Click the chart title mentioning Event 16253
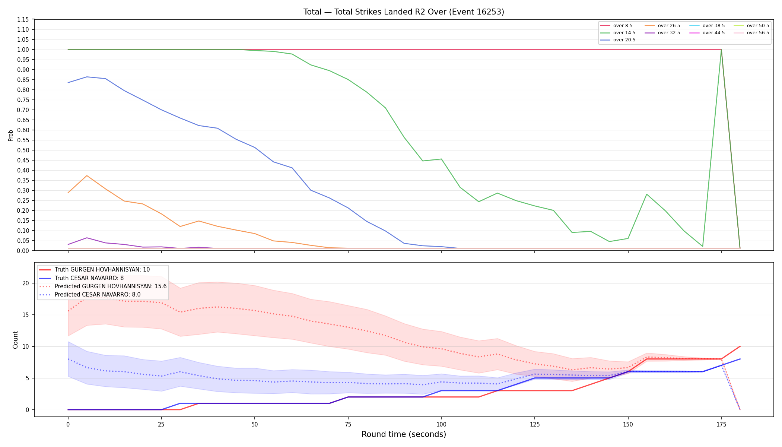pos(404,12)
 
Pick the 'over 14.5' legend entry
pos(617,33)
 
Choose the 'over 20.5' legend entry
pos(617,40)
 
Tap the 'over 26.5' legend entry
pos(662,26)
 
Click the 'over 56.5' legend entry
pos(751,33)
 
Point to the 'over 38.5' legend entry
pos(707,26)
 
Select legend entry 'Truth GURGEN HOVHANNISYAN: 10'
pos(95,270)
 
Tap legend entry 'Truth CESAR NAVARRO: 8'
pos(82,278)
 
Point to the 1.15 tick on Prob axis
pos(23,19)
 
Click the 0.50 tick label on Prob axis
pos(23,150)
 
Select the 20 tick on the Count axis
pos(26,283)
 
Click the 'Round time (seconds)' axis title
pos(404,434)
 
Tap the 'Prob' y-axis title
pos(11,135)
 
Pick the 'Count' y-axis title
pos(15,340)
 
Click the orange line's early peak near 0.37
pos(87,175)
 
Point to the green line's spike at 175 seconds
pos(721,50)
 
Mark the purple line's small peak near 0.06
pos(87,238)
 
